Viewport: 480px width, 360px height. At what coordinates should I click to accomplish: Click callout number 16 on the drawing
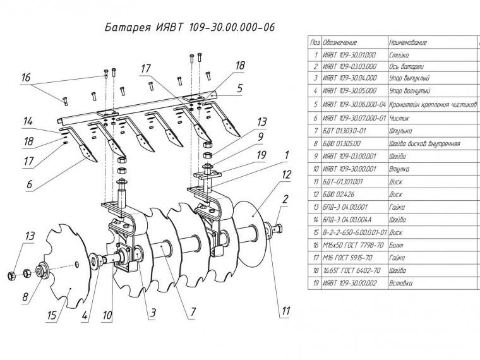coord(25,78)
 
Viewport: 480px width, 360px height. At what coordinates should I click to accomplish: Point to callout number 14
coord(27,121)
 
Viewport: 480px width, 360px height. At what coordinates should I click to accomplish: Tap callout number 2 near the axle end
coord(285,199)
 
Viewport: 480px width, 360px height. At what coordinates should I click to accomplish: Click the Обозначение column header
coord(340,42)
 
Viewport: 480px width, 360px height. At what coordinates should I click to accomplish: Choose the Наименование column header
coord(408,42)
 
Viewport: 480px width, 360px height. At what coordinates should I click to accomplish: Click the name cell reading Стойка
coord(400,55)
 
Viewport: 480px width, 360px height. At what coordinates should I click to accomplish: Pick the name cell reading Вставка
coord(401,283)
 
